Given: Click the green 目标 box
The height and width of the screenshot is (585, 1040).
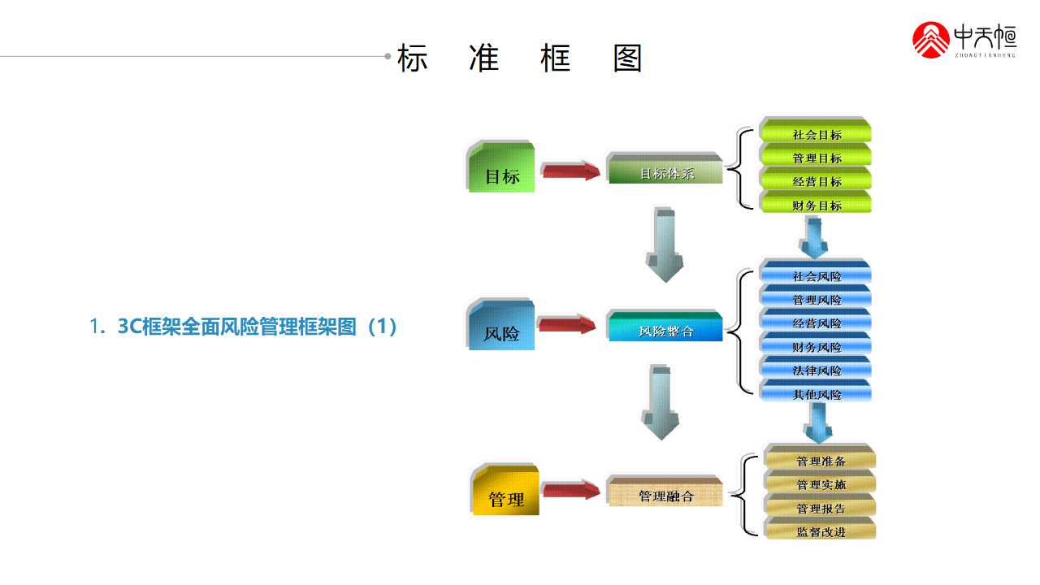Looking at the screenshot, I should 502,170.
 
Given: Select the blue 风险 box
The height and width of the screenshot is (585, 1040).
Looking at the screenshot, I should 502,327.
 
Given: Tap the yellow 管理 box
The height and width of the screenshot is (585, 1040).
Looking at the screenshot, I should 506,492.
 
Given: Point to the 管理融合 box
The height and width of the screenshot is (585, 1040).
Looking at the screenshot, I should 665,492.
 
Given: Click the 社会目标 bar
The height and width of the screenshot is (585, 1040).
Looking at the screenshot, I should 816,133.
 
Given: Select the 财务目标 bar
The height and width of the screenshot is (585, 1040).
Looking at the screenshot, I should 816,204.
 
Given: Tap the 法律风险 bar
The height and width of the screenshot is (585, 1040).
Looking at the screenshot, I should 816,370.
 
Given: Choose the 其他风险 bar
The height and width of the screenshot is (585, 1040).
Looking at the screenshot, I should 816,393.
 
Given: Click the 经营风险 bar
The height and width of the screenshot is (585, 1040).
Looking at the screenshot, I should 816,323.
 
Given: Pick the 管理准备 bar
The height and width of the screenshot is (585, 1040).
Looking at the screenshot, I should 821,460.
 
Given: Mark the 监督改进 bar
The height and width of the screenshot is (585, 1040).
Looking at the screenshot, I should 821,531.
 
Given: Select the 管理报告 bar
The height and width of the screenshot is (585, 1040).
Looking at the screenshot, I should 821,507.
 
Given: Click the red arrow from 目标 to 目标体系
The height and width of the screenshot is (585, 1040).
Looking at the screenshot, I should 570,171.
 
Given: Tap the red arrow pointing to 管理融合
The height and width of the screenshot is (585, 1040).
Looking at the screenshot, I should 570,490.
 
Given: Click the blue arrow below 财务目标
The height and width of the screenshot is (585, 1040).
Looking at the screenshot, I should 815,237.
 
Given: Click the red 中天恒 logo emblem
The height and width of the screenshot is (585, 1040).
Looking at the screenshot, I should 931,40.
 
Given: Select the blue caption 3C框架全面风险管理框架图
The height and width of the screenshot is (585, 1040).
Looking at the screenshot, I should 244,327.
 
